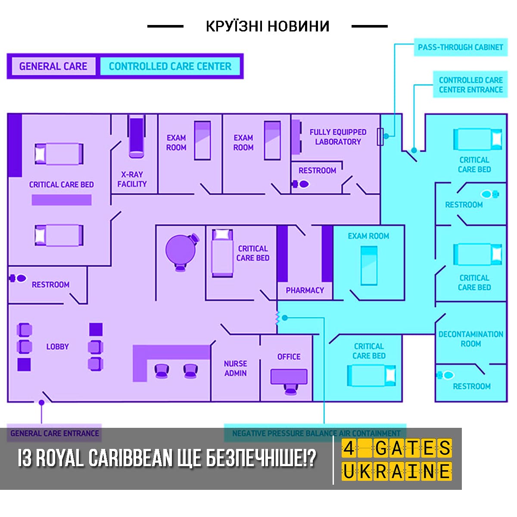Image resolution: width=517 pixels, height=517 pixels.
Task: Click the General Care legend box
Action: click(x=53, y=66)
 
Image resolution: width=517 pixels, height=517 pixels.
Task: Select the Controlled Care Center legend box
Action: click(x=170, y=66)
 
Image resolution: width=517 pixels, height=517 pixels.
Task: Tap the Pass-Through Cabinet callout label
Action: click(x=461, y=47)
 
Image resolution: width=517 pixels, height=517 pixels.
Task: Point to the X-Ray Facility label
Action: click(x=132, y=179)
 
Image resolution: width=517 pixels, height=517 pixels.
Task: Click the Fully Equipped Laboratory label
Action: click(x=338, y=137)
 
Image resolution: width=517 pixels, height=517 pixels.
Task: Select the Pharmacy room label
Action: click(x=305, y=290)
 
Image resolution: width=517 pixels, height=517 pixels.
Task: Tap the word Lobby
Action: click(x=57, y=347)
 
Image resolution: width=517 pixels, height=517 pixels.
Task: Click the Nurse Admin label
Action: click(x=235, y=368)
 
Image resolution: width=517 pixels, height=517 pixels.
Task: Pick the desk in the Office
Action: click(x=289, y=377)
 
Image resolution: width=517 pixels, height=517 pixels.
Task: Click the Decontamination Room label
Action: click(x=471, y=339)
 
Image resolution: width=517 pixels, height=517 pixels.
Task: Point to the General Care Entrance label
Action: click(x=54, y=433)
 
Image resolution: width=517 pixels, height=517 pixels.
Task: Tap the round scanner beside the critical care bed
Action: click(x=182, y=252)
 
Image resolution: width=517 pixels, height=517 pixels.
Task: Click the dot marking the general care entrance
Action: click(x=41, y=402)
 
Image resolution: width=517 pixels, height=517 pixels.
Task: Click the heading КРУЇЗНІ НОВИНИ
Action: click(x=268, y=26)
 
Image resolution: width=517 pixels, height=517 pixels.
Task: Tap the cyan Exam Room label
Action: click(x=368, y=236)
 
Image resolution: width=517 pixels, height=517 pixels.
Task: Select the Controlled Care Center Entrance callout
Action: click(x=470, y=84)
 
